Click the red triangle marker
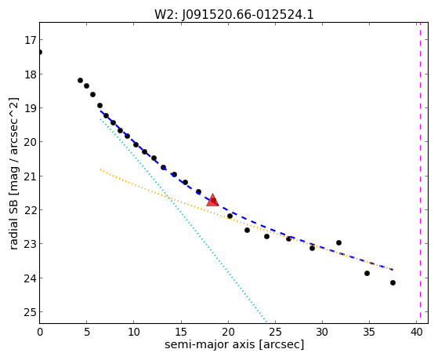pos(212,200)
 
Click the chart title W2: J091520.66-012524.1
pos(234,15)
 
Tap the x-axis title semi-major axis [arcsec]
pos(234,344)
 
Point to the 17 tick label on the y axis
pos(31,40)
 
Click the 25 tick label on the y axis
pos(31,312)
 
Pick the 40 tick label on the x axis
pos(417,333)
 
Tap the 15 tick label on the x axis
pos(181,333)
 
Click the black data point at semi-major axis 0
pos(40,52)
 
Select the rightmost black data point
pos(393,283)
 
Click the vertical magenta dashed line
pos(420,173)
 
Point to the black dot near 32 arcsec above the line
pos(338,242)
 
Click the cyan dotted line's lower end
pos(266,322)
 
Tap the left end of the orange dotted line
pos(100,169)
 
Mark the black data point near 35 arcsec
pos(367,273)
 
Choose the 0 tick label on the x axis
pos(40,333)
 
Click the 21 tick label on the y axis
pos(31,176)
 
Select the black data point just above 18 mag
pos(80,80)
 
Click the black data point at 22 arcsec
pos(247,231)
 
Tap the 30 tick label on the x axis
pos(322,333)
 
